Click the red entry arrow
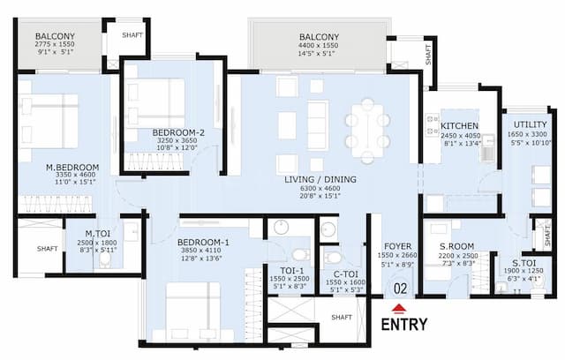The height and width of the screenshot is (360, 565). coord(399,308)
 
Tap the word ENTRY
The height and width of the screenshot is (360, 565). coord(403,325)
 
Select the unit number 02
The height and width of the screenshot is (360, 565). coord(400,288)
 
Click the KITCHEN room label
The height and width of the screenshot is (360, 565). coord(459,126)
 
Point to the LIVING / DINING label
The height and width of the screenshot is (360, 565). coord(320,180)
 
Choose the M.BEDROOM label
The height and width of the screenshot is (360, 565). coord(72,167)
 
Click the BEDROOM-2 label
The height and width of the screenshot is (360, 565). coord(179,133)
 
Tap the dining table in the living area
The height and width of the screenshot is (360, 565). coord(364,124)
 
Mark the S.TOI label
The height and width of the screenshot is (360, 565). coord(527,262)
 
